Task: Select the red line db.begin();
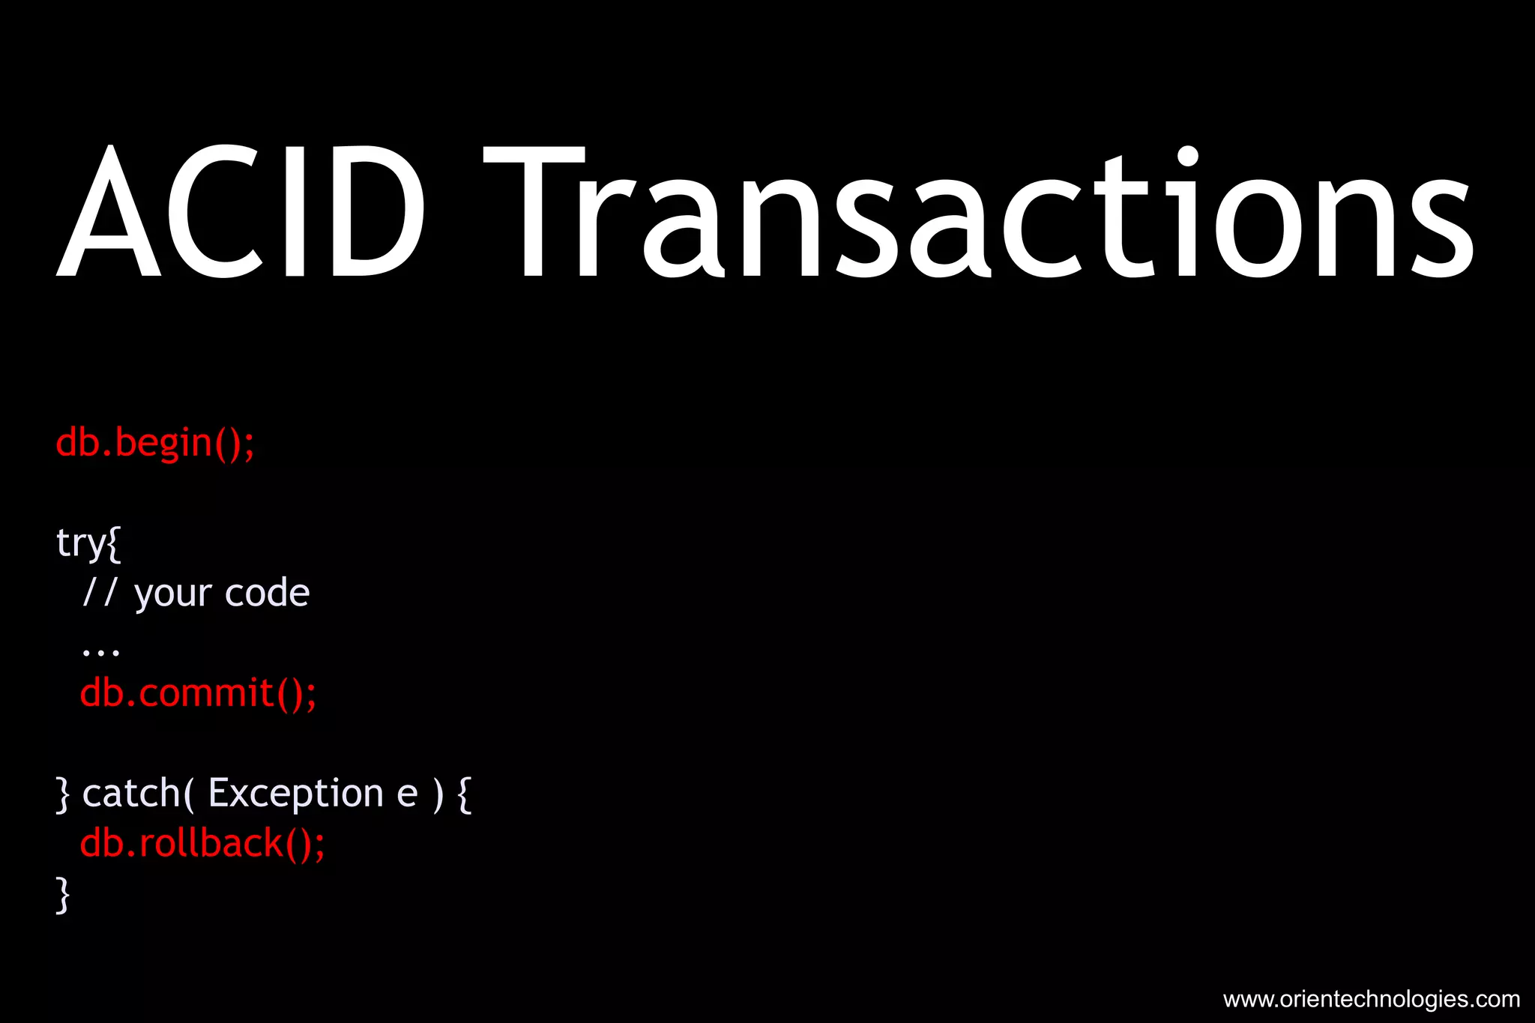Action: coord(155,443)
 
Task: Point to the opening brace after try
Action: coord(114,543)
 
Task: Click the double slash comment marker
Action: coord(100,592)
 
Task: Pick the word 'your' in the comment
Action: coord(173,595)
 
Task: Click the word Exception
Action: coord(296,793)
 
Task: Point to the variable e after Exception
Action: coord(407,794)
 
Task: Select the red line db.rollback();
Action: coord(202,844)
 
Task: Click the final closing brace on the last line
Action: coord(63,895)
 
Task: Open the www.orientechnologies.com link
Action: coord(1371,999)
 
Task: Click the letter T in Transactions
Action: coord(534,212)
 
